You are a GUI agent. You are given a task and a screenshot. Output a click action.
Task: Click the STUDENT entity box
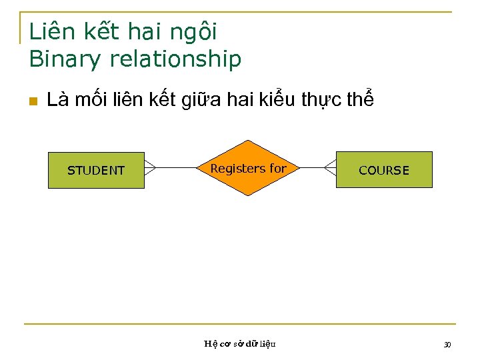(96, 170)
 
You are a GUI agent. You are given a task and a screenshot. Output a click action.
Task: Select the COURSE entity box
(384, 170)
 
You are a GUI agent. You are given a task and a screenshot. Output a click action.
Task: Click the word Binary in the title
(64, 59)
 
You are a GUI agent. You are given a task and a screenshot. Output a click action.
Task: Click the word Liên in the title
(51, 31)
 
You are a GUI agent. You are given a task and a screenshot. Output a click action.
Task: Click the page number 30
(447, 344)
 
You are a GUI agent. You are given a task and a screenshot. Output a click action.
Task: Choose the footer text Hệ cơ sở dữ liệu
(239, 344)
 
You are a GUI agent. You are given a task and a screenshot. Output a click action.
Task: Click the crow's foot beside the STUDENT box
(150, 167)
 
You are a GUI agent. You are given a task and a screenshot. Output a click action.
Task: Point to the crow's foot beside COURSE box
(330, 167)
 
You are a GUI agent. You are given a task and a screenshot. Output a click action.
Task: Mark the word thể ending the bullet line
(360, 100)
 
